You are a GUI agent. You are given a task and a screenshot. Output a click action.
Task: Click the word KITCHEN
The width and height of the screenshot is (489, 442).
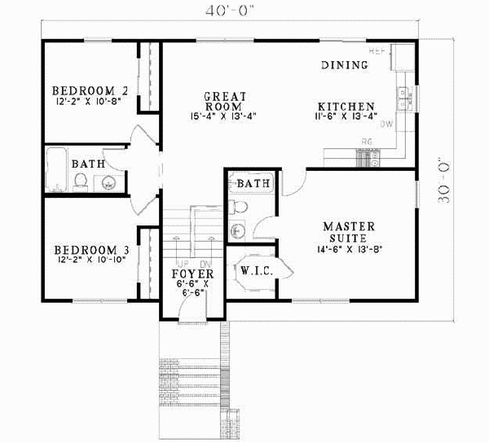coord(346,107)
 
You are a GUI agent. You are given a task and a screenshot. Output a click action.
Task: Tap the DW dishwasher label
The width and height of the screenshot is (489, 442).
coord(387,125)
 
